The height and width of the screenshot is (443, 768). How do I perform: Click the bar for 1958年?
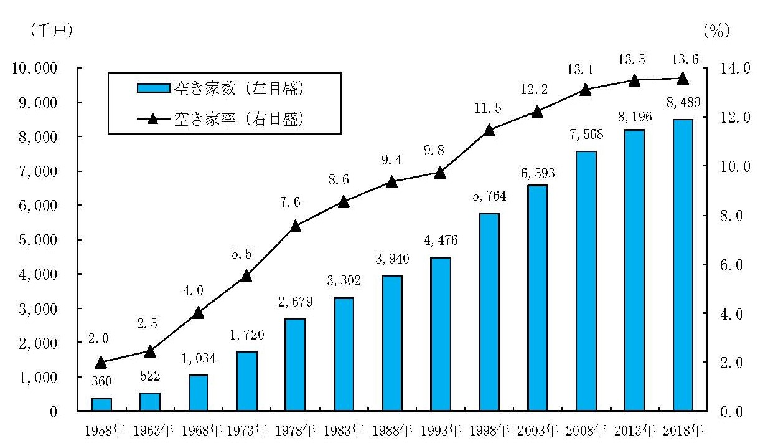pos(101,404)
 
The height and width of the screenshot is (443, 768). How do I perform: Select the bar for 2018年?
pos(682,265)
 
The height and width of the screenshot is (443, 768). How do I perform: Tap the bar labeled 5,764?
pos(489,312)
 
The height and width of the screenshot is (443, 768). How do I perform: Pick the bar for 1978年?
pos(295,364)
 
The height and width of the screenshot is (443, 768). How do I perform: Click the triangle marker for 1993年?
pos(440,173)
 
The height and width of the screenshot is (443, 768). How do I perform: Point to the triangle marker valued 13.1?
pos(586,89)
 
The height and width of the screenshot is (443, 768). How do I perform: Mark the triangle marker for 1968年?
pos(198,313)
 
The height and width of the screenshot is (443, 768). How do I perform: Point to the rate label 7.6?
pos(295,203)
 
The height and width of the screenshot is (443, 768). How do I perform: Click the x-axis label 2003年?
pos(537,430)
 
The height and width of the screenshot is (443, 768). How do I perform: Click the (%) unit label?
pos(716,31)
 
